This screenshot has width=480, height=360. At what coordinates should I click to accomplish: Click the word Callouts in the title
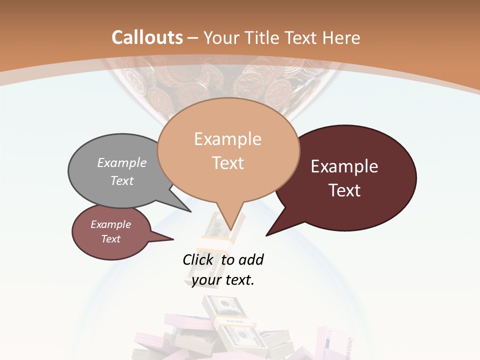tap(147, 37)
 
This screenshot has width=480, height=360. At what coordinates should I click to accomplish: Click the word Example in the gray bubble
tap(122, 163)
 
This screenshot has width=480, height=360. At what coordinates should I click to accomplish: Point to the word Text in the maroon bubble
tap(345, 190)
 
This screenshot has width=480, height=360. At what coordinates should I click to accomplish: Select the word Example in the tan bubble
tap(227, 139)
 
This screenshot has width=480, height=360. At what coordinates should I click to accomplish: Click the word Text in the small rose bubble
tap(111, 239)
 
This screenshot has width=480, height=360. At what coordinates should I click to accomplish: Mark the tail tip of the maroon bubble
tap(266, 235)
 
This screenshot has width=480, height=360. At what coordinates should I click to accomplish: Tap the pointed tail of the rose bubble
tap(172, 239)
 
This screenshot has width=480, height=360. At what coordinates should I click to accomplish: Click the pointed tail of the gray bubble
tap(190, 211)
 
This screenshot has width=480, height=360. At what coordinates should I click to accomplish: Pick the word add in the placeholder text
tap(251, 260)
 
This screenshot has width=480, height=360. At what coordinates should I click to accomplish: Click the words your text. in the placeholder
tap(223, 280)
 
